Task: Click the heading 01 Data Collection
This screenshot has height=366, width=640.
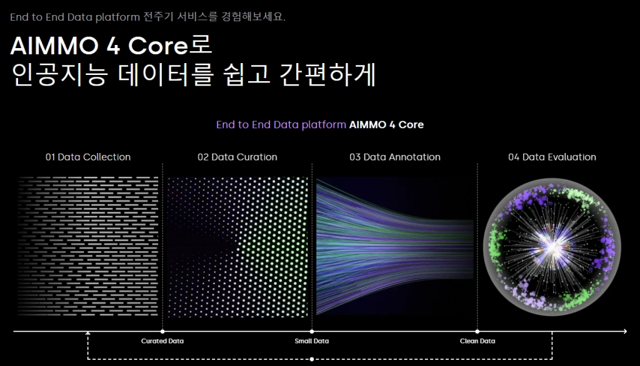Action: click(x=88, y=157)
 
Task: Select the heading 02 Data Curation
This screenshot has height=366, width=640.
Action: click(x=237, y=157)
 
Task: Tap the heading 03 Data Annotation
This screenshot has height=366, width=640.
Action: click(x=395, y=157)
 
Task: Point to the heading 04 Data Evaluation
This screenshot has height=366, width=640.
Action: click(x=552, y=157)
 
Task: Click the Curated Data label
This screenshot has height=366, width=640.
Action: click(x=162, y=341)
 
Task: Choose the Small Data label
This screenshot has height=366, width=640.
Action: click(x=312, y=341)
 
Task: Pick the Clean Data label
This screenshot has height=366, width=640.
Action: click(x=477, y=341)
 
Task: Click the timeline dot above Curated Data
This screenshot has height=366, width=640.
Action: click(x=162, y=331)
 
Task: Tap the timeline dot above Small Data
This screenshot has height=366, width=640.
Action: click(x=312, y=331)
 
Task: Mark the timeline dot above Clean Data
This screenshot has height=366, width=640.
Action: click(x=477, y=331)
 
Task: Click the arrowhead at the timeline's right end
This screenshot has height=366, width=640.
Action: click(x=625, y=331)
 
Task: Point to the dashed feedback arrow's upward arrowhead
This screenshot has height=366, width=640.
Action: click(x=87, y=334)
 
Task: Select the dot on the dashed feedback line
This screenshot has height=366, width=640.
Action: click(x=312, y=359)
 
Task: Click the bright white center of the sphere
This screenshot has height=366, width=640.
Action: click(x=551, y=247)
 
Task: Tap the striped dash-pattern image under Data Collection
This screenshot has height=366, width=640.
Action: click(x=87, y=247)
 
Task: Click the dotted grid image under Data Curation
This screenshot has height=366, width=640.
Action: click(x=237, y=247)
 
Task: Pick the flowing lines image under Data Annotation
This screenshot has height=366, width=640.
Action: click(x=395, y=247)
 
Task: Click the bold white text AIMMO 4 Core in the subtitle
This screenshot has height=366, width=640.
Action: click(x=386, y=124)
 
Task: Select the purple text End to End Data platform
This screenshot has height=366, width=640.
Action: click(x=281, y=124)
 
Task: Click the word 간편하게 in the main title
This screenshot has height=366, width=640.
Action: click(x=327, y=74)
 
